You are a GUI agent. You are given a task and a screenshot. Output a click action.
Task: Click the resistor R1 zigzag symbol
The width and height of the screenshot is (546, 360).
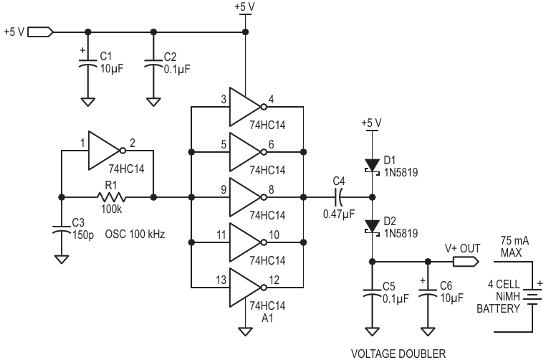click(112, 197)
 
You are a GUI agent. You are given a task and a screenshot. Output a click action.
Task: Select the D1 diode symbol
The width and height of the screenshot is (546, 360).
click(373, 166)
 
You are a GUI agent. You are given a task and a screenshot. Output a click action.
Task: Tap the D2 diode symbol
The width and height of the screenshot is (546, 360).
click(373, 227)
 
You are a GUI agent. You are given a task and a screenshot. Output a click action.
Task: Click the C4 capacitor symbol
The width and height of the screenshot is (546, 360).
click(338, 197)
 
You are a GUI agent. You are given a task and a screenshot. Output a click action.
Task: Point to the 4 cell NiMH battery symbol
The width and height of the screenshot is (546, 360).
click(532, 297)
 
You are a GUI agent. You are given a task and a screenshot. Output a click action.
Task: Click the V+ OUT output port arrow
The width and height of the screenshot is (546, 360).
click(466, 261)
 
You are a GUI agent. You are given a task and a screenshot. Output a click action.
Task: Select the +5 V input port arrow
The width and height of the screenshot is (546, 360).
click(40, 32)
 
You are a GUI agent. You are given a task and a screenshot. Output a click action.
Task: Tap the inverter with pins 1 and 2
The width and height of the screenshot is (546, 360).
click(107, 151)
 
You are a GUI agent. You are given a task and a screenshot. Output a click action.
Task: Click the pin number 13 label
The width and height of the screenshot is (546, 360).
click(221, 280)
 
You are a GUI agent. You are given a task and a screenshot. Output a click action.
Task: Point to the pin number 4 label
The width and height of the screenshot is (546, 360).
click(271, 99)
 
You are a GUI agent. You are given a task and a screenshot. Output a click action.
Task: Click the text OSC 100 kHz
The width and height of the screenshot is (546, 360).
click(135, 234)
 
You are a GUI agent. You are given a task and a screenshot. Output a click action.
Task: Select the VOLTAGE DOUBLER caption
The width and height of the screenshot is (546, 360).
click(398, 354)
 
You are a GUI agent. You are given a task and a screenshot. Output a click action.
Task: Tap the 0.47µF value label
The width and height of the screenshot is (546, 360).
click(339, 214)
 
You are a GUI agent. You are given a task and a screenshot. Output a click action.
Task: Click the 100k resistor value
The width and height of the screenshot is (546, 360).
click(112, 209)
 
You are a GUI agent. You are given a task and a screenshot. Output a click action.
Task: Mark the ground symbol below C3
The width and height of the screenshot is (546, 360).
click(62, 260)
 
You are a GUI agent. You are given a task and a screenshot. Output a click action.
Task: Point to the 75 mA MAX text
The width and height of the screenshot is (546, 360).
click(514, 247)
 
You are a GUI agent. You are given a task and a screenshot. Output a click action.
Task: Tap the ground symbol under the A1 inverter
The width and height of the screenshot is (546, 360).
click(246, 331)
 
